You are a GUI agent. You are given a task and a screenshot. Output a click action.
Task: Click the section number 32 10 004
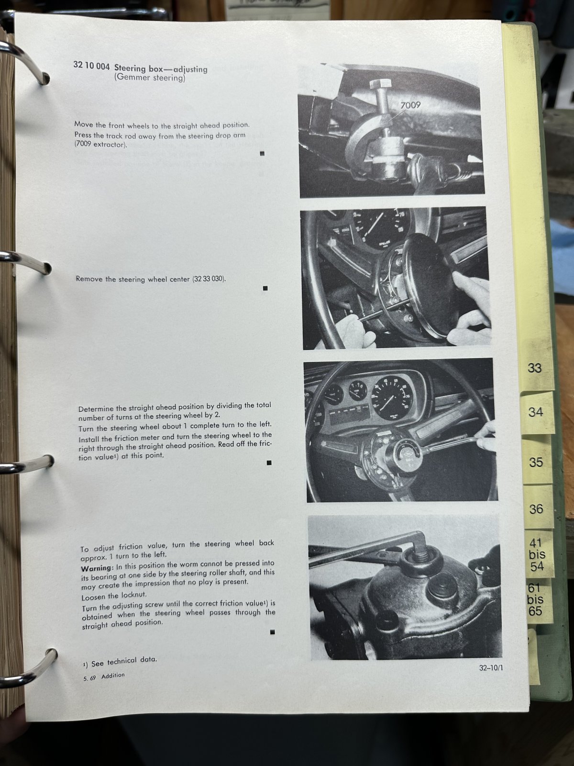[91, 66]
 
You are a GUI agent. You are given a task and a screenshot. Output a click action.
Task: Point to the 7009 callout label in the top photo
[410, 105]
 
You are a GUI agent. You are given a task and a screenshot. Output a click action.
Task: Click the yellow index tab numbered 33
[536, 369]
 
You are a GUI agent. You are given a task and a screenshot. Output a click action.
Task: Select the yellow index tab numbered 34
[537, 413]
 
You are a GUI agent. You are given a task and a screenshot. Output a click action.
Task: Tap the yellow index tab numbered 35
[537, 462]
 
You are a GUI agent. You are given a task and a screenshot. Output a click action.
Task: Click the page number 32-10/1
[491, 667]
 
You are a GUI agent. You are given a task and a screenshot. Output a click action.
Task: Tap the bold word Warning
[97, 568]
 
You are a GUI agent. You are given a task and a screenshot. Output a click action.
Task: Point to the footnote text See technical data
[124, 661]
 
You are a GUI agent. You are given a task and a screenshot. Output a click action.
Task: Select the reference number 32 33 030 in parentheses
[209, 279]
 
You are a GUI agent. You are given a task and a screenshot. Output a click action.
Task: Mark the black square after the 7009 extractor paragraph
[263, 154]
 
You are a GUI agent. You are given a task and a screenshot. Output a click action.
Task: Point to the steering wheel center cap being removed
[432, 282]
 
